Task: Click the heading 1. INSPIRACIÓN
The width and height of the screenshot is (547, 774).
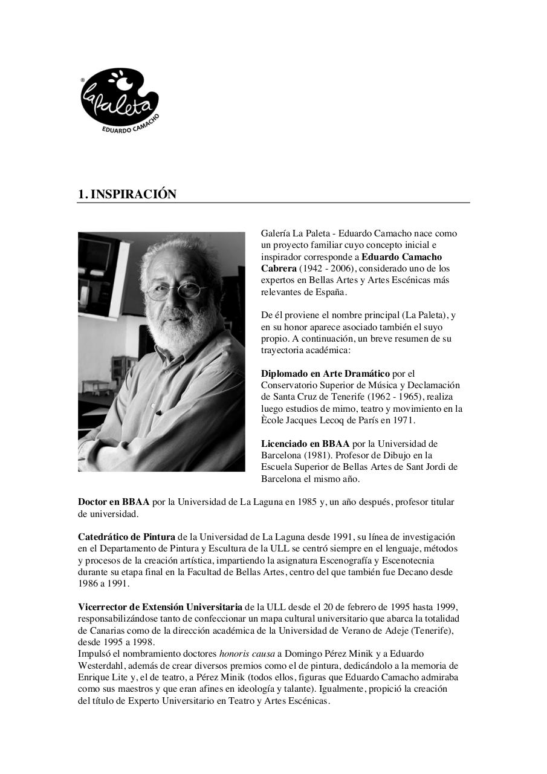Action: coord(128,194)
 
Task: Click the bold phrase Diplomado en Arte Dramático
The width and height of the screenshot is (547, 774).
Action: coord(325,374)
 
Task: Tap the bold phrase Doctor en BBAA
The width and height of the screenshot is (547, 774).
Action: coord(114,502)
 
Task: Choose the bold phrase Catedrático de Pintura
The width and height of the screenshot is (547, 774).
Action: coord(126,537)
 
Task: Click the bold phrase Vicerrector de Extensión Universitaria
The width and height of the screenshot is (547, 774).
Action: coord(160,607)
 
